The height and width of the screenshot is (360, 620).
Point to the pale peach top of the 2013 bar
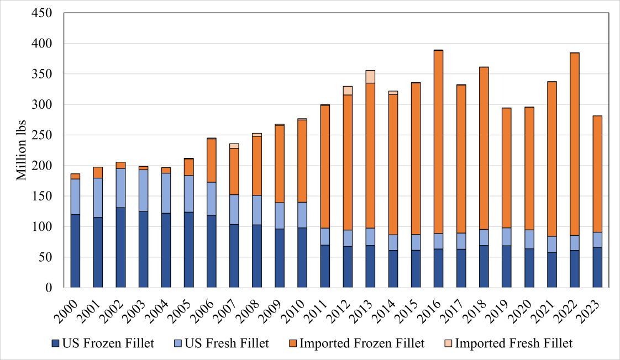[370, 77]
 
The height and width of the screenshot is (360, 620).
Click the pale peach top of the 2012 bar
[348, 91]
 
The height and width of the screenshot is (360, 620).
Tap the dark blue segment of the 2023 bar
[597, 267]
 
